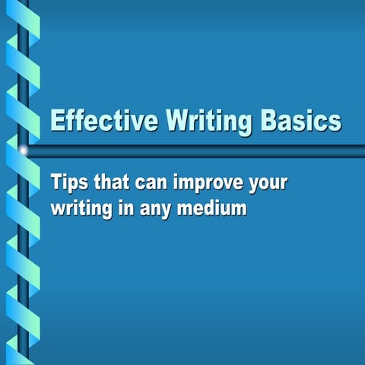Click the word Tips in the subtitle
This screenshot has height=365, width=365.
68,183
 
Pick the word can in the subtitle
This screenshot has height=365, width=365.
151,184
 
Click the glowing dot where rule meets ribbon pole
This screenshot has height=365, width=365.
23,151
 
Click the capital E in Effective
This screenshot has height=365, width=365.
56,122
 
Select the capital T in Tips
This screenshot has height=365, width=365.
56,183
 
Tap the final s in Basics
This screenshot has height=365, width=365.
335,124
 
